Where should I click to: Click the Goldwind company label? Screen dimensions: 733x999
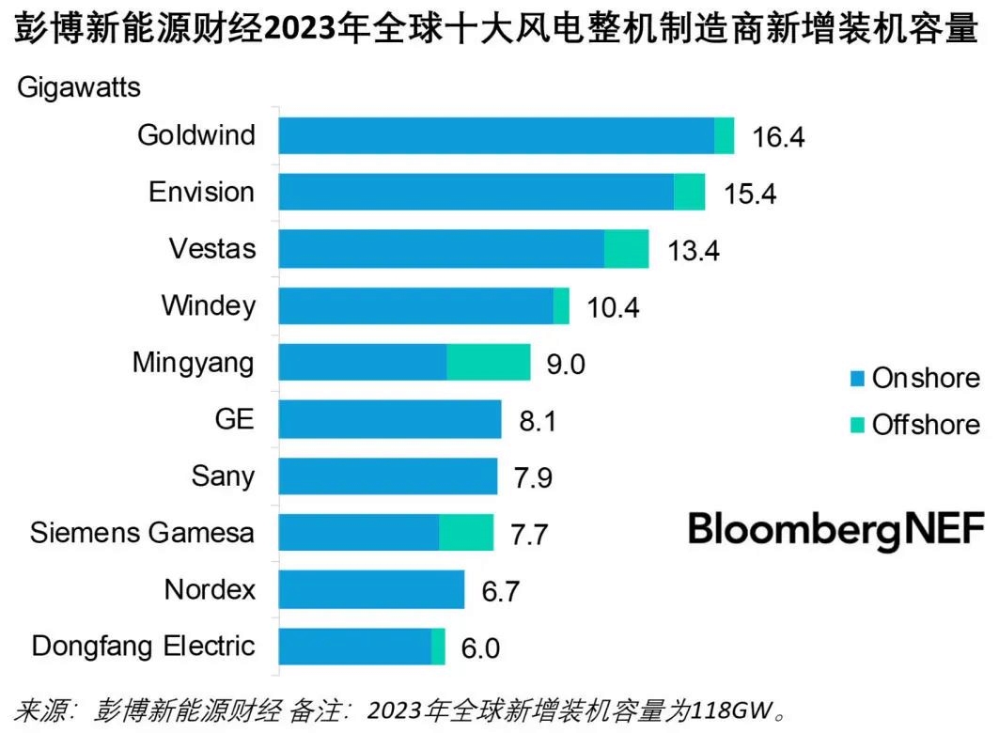(x=195, y=135)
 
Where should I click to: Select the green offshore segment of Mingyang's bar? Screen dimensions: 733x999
(x=488, y=363)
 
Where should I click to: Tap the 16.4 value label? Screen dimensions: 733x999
(x=778, y=137)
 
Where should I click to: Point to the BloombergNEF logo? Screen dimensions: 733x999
(x=835, y=530)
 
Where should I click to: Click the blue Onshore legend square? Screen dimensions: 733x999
(x=856, y=380)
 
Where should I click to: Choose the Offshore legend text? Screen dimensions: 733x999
(x=925, y=425)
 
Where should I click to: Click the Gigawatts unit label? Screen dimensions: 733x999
(x=78, y=88)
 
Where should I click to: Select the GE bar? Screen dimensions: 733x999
(x=390, y=419)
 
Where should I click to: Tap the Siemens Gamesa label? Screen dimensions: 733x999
(x=142, y=533)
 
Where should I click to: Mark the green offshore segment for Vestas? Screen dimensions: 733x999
(x=626, y=249)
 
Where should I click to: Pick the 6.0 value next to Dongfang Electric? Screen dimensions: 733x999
(x=479, y=648)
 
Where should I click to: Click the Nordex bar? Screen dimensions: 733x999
(x=371, y=589)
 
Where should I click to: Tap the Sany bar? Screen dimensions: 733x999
(x=388, y=476)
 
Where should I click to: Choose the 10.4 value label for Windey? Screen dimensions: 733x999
(x=613, y=307)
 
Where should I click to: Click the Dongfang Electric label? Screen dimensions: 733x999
(x=143, y=647)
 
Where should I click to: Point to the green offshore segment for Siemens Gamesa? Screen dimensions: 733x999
(x=466, y=533)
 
